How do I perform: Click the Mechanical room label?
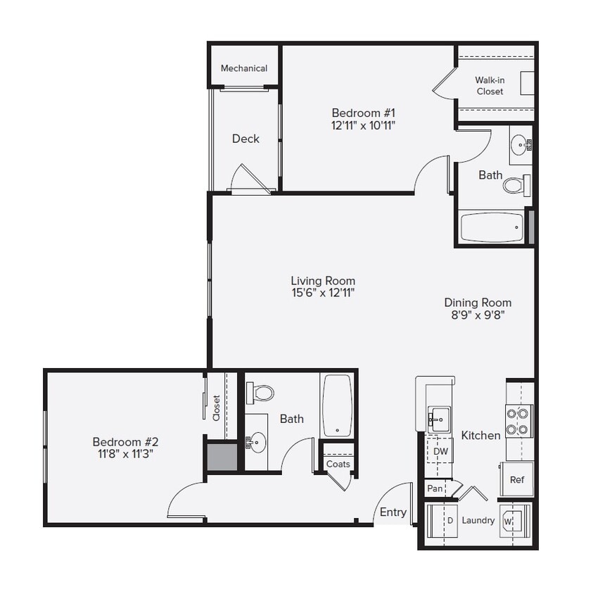click(243, 68)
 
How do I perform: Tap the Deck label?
click(246, 139)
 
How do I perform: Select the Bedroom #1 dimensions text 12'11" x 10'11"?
click(364, 125)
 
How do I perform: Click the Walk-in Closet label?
click(490, 86)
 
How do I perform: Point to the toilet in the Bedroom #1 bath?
click(515, 185)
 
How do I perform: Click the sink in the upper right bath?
click(521, 146)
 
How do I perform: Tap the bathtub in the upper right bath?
click(492, 227)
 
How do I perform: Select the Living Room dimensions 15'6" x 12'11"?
click(323, 293)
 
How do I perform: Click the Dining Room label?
click(478, 303)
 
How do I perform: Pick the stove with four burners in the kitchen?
click(519, 421)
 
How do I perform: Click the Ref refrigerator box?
click(517, 480)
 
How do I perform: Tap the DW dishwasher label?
click(440, 451)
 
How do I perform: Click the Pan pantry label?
click(435, 488)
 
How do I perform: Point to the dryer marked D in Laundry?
click(442, 521)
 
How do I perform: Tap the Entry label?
click(393, 512)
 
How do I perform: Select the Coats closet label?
click(338, 464)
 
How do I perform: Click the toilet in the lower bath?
click(263, 392)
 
